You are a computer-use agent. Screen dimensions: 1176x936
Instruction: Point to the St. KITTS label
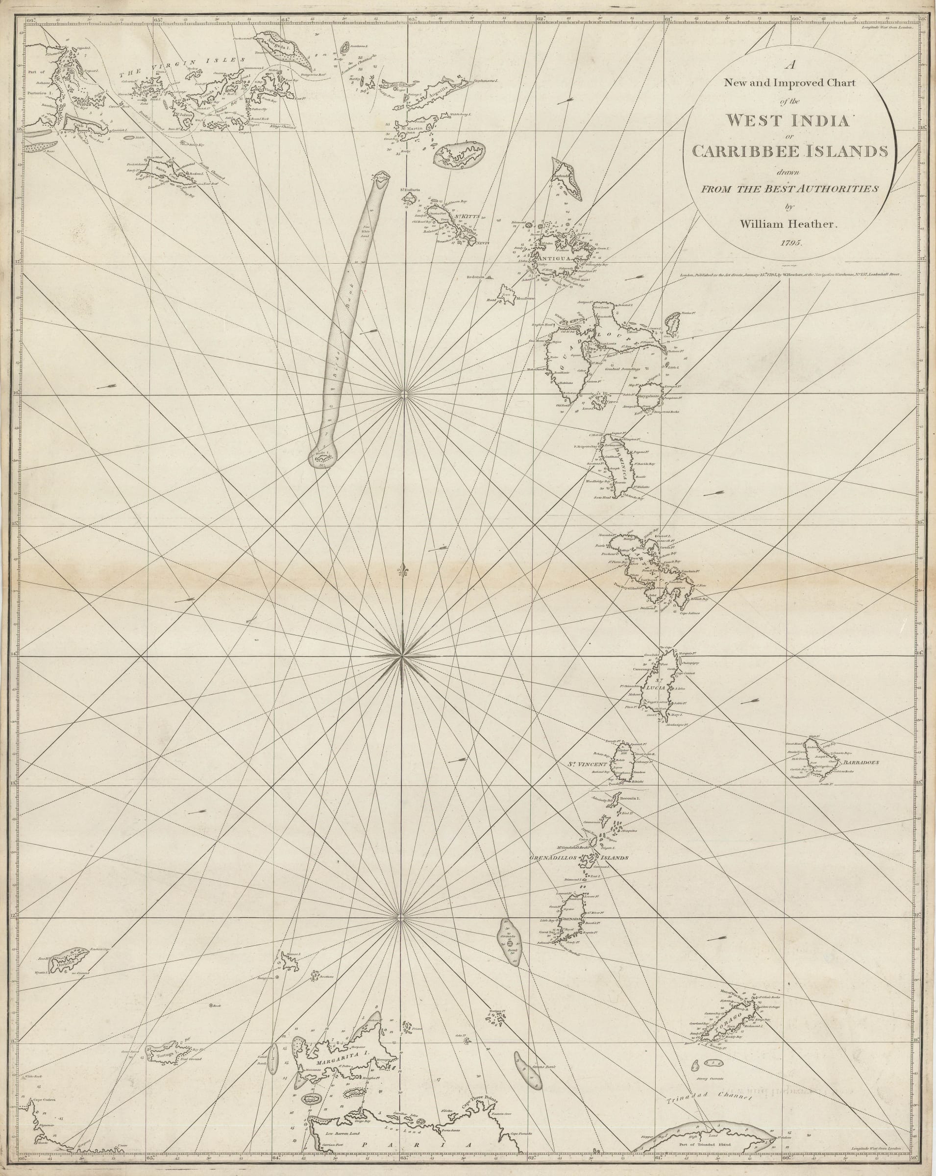point(467,217)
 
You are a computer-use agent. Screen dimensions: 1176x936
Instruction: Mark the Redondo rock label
point(476,278)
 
